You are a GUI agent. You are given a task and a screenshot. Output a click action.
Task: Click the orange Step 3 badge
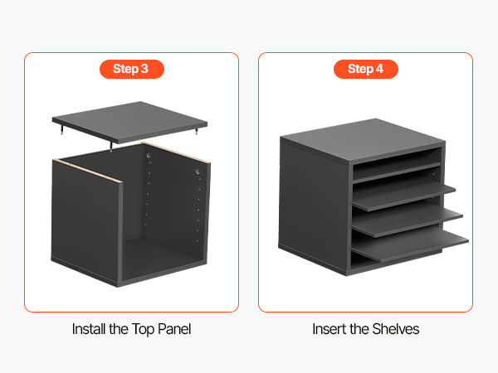pos(132,69)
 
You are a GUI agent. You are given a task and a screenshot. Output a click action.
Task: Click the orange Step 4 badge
pos(366,69)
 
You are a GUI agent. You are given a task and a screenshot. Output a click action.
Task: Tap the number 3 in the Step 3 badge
pos(144,69)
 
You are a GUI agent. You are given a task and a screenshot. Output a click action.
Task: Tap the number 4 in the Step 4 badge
pos(379,69)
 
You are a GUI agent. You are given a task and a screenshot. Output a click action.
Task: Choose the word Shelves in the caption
pos(396,329)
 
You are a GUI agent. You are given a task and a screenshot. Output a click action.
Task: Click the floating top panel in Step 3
pos(129,122)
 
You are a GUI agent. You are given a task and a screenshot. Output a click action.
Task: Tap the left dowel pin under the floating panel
pos(62,129)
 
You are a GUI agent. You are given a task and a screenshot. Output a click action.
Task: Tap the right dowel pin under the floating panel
pos(198,130)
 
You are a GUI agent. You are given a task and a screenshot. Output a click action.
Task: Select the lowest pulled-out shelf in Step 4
pos(410,245)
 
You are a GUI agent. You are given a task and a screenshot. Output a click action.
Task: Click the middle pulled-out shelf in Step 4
pos(408,220)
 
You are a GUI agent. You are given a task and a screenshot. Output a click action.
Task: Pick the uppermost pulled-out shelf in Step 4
pos(404,195)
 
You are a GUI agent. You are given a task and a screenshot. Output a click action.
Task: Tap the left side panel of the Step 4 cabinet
pos(314,206)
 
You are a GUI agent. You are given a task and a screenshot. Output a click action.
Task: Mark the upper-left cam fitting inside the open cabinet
pos(148,155)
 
